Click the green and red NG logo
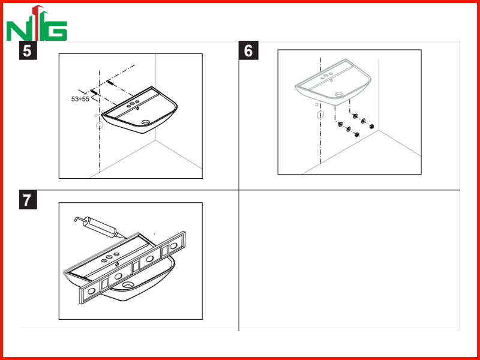click(37, 23)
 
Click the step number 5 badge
click(28, 50)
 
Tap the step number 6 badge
click(248, 50)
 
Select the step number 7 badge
click(28, 200)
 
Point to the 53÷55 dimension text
click(80, 99)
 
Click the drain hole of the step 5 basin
click(146, 122)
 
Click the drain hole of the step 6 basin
click(338, 95)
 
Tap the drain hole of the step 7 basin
click(127, 285)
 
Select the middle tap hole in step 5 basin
click(133, 104)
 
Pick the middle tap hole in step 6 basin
click(326, 76)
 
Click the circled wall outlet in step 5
click(100, 125)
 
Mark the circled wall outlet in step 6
click(320, 115)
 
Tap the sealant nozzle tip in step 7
click(125, 238)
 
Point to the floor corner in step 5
click(155, 140)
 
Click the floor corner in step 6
click(379, 130)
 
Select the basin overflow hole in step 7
click(117, 265)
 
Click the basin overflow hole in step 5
click(138, 109)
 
